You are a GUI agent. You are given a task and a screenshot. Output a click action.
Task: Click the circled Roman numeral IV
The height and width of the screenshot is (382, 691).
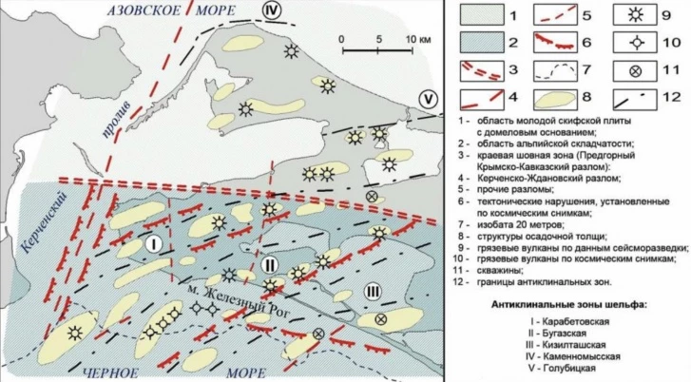click(271, 10)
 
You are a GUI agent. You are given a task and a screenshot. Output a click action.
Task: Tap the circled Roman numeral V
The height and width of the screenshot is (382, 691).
click(428, 99)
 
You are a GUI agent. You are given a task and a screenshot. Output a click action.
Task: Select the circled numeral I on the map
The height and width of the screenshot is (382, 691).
click(154, 243)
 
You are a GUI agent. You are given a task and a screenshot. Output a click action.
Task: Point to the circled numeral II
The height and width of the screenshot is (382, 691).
click(269, 265)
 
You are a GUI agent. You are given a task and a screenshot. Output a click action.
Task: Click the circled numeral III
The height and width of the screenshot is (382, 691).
click(373, 291)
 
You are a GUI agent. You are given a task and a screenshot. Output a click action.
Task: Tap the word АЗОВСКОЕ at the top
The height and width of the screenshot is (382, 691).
click(144, 10)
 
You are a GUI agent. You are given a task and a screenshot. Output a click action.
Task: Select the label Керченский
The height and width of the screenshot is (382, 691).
click(44, 221)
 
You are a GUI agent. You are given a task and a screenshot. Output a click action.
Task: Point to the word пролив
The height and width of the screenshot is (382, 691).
click(115, 120)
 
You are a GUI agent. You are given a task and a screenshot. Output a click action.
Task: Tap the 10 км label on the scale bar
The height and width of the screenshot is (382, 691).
click(418, 40)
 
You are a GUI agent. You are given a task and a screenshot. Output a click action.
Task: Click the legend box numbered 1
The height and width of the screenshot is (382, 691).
click(482, 14)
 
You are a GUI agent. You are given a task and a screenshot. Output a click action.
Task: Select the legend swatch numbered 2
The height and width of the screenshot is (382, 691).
click(482, 43)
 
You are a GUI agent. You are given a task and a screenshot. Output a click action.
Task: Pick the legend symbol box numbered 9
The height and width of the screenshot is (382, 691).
click(635, 14)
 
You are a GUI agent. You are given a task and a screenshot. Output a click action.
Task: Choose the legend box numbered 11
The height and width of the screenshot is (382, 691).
click(635, 71)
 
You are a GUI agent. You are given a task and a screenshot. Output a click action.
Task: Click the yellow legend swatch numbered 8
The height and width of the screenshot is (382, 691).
click(555, 100)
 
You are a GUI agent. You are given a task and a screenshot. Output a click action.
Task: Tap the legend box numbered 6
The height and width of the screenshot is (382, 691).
click(555, 43)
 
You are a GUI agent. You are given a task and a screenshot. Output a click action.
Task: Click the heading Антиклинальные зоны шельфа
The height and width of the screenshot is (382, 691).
click(569, 304)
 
